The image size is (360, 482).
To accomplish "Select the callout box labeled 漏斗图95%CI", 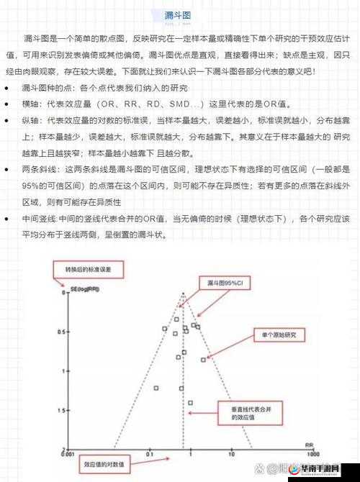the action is point(225,283).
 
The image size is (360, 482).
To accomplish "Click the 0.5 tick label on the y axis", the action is point(63,332).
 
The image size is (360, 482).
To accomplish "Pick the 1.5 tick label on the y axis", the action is point(63,411).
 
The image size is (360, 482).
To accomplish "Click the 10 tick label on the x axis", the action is point(231,455).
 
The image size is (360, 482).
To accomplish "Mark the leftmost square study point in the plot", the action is point(156,388).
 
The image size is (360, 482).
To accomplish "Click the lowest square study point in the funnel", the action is point(190,403).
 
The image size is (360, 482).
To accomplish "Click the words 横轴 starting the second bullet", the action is point(31,104).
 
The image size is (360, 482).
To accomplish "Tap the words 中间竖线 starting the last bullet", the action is point(41,217).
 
